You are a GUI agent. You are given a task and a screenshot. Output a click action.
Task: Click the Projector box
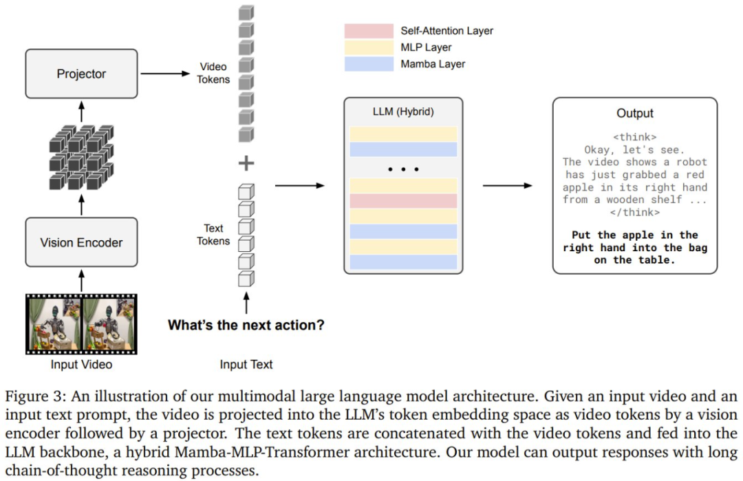[81, 74]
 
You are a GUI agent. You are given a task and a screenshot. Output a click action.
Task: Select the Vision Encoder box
[81, 242]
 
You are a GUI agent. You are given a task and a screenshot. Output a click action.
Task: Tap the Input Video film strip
[81, 323]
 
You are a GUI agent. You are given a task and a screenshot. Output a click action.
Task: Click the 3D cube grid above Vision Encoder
[81, 157]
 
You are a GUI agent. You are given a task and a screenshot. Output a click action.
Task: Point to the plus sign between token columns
[246, 163]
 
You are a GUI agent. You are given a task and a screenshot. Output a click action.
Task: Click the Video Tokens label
[213, 73]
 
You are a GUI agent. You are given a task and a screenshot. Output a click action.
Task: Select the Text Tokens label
[213, 235]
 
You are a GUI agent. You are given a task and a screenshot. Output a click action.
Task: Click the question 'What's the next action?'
[246, 325]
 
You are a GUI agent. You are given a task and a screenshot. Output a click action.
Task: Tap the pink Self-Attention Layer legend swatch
[368, 31]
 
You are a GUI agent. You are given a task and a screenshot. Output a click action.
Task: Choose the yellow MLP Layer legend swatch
[368, 47]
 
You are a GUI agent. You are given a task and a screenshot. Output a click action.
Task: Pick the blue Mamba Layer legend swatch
[368, 64]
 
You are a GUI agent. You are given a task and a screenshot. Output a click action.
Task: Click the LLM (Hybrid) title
[403, 112]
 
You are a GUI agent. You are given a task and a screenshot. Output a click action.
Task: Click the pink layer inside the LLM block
[403, 201]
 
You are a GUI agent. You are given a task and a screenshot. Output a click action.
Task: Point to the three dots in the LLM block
[403, 167]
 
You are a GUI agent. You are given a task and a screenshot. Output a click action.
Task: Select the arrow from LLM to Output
[508, 186]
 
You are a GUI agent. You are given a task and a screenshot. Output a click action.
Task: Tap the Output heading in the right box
[634, 114]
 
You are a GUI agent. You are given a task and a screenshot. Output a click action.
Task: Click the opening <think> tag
[634, 137]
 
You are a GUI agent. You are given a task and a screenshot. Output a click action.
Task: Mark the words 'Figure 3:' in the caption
[34, 398]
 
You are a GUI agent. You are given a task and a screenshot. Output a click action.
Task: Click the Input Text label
[246, 364]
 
